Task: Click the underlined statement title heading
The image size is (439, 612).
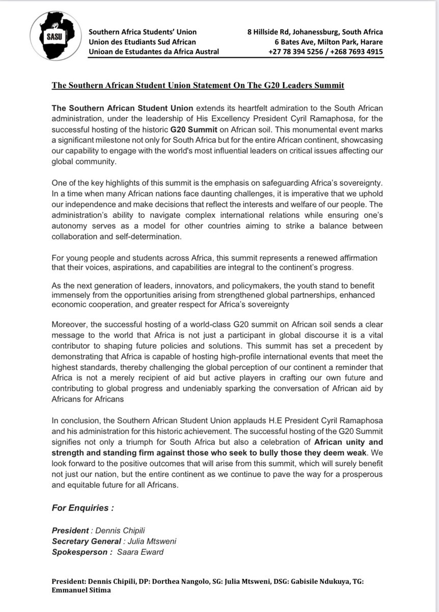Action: [x=198, y=85]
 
